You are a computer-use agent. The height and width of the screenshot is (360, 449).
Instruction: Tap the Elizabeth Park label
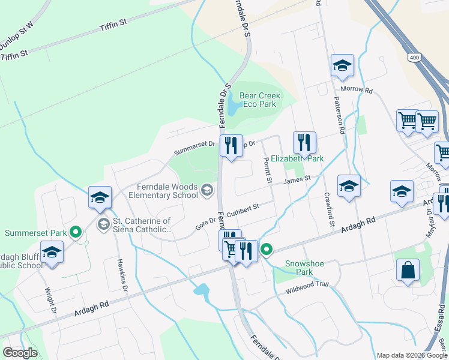point(297,158)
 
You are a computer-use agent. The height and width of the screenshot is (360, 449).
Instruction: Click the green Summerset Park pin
point(76,232)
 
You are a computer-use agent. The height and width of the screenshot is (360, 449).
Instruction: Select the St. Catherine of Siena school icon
point(104,224)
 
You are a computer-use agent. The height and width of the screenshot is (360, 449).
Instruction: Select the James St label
point(297,179)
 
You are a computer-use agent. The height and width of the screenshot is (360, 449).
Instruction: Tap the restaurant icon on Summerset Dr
point(231,146)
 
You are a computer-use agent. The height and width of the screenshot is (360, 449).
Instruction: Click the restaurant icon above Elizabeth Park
point(304,142)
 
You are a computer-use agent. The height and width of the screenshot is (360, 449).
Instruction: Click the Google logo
point(20,353)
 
